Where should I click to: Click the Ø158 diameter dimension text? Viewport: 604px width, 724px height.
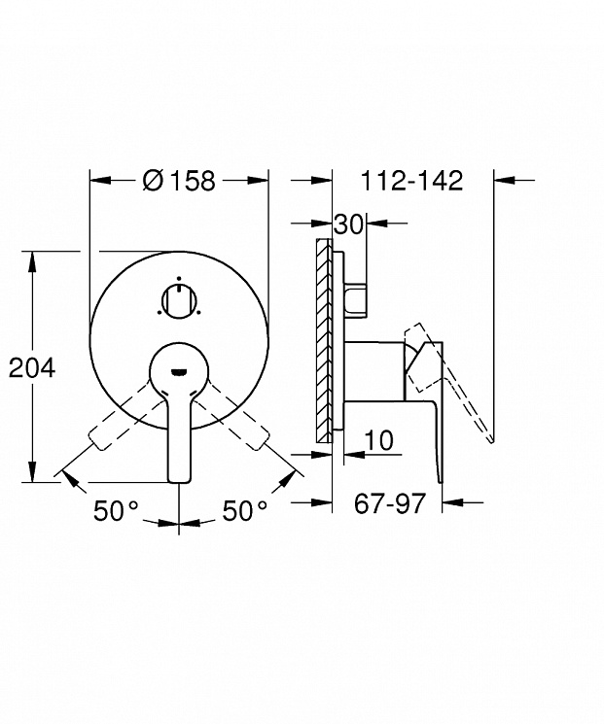[x=179, y=180]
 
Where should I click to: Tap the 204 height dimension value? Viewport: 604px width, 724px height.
[x=32, y=368]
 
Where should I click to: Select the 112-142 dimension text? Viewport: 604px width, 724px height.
[x=411, y=180]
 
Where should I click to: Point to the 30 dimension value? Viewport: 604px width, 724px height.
[x=349, y=224]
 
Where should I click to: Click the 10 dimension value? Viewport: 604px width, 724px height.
[x=379, y=440]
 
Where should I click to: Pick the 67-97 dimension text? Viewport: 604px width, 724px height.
[x=389, y=502]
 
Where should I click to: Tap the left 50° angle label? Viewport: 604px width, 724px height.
[x=116, y=510]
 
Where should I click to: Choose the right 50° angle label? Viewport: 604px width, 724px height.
[x=245, y=510]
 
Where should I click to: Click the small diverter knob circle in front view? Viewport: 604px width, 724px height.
[x=179, y=301]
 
